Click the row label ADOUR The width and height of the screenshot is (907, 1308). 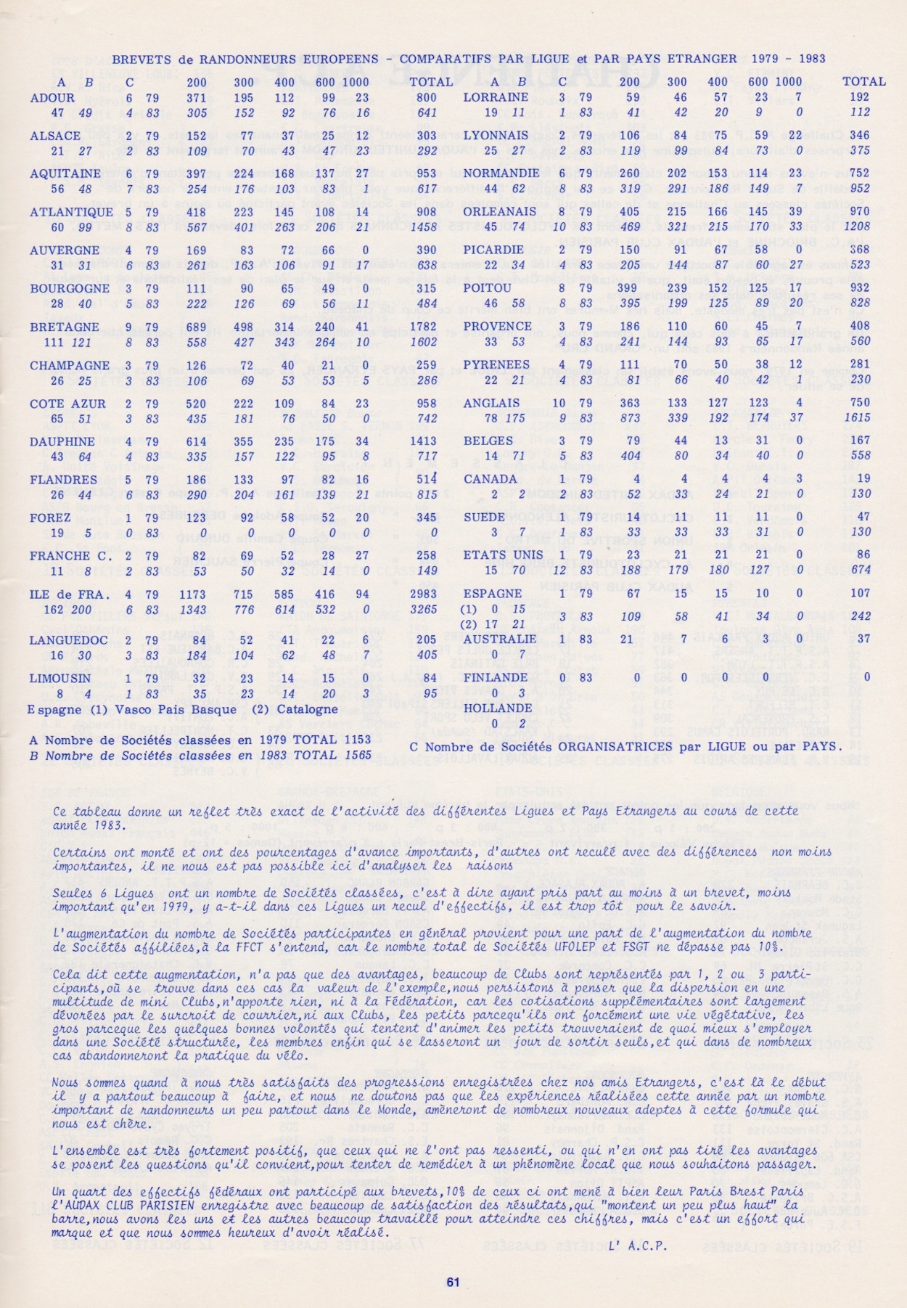coord(52,97)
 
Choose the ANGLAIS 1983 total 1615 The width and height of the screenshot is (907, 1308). coord(857,418)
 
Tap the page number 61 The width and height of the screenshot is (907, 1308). coord(453,1282)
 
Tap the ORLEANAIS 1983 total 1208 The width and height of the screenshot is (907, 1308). coord(856,226)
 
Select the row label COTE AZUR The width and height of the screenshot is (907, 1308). coord(67,404)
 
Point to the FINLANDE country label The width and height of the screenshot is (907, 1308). coord(496,677)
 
